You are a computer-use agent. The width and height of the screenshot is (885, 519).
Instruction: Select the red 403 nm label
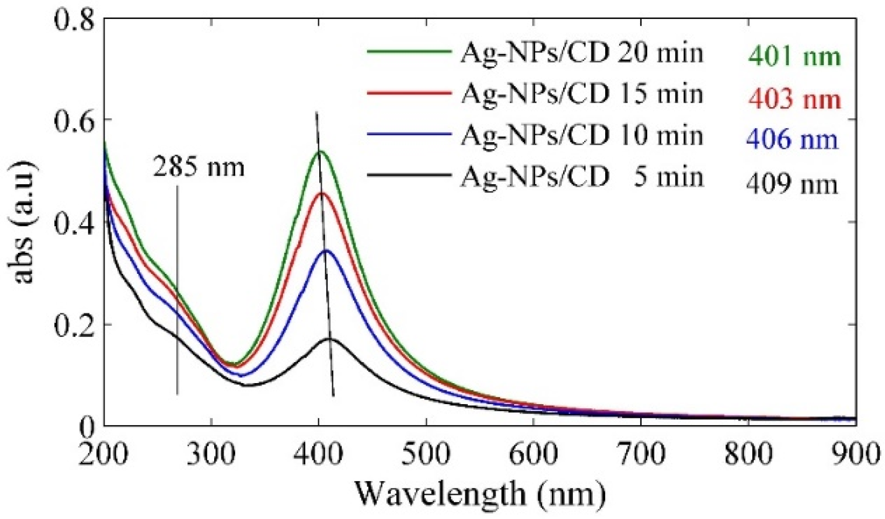click(794, 98)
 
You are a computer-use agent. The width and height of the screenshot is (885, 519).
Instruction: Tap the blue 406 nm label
click(792, 139)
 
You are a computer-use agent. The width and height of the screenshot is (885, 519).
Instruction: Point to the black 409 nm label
click(792, 184)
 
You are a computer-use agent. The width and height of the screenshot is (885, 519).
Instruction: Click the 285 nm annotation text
click(199, 167)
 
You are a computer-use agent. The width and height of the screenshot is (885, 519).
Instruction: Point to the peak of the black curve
click(328, 339)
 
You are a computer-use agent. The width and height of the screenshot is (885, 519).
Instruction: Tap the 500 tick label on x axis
click(426, 454)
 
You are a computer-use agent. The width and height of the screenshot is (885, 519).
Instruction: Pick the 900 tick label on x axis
click(855, 454)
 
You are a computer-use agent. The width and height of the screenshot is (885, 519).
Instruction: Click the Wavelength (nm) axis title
click(480, 493)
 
